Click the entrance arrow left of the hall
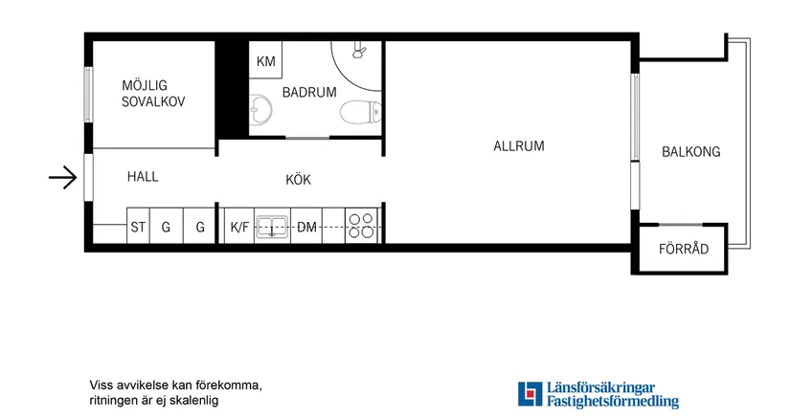point(62,178)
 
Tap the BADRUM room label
point(308,93)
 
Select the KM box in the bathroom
point(265,62)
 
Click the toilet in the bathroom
point(357,114)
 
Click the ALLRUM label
point(518,146)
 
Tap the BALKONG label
point(690,152)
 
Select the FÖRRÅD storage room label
point(684,250)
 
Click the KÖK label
point(298,179)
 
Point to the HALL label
point(143,177)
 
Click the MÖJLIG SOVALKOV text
point(152,94)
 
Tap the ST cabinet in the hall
point(139,228)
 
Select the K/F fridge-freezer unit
point(238,228)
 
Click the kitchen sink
point(275,228)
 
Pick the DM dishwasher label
point(306,228)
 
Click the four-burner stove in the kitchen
point(362,227)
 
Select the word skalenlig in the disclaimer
point(193,401)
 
